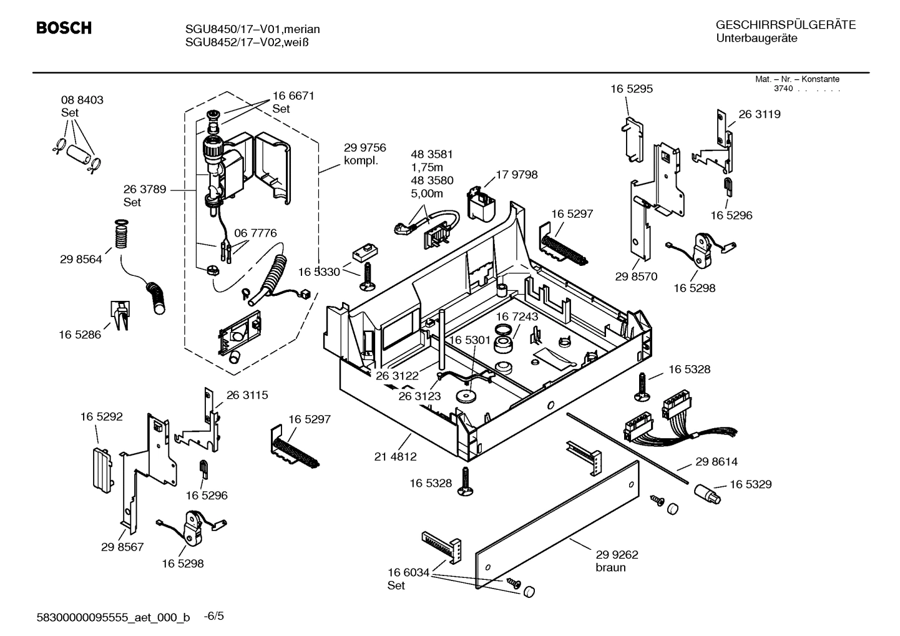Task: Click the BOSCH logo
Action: tap(64, 29)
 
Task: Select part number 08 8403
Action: tap(82, 100)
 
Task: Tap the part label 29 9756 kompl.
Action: tap(364, 154)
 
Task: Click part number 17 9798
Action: tap(516, 175)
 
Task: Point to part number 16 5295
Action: tap(631, 89)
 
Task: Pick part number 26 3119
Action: tap(759, 114)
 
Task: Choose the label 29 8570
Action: tap(635, 276)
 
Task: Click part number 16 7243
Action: tap(516, 317)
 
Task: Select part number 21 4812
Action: tap(395, 457)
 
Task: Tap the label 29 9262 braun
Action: tap(616, 560)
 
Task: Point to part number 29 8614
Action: tap(716, 462)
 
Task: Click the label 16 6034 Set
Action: tap(408, 579)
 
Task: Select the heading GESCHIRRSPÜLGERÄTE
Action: tap(785, 26)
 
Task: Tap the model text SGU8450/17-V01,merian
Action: tap(252, 29)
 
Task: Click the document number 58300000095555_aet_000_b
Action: tap(114, 617)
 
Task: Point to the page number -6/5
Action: tap(214, 616)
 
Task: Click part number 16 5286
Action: tap(80, 335)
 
